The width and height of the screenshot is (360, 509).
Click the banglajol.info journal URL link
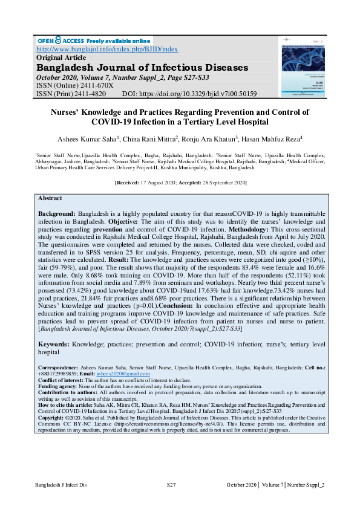[x=107, y=49]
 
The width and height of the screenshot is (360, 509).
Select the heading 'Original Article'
[x=62, y=57]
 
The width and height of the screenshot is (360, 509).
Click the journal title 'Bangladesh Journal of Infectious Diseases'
[x=142, y=67]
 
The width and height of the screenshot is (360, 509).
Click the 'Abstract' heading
[x=50, y=198]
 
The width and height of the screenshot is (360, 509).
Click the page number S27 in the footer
[x=171, y=485]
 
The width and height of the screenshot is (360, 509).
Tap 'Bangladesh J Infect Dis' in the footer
[x=61, y=485]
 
